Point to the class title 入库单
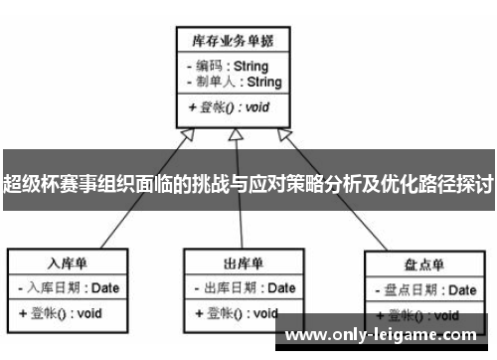(x=68, y=265)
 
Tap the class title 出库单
(x=243, y=265)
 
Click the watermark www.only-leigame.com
(x=386, y=336)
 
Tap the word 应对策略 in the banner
(x=273, y=185)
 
